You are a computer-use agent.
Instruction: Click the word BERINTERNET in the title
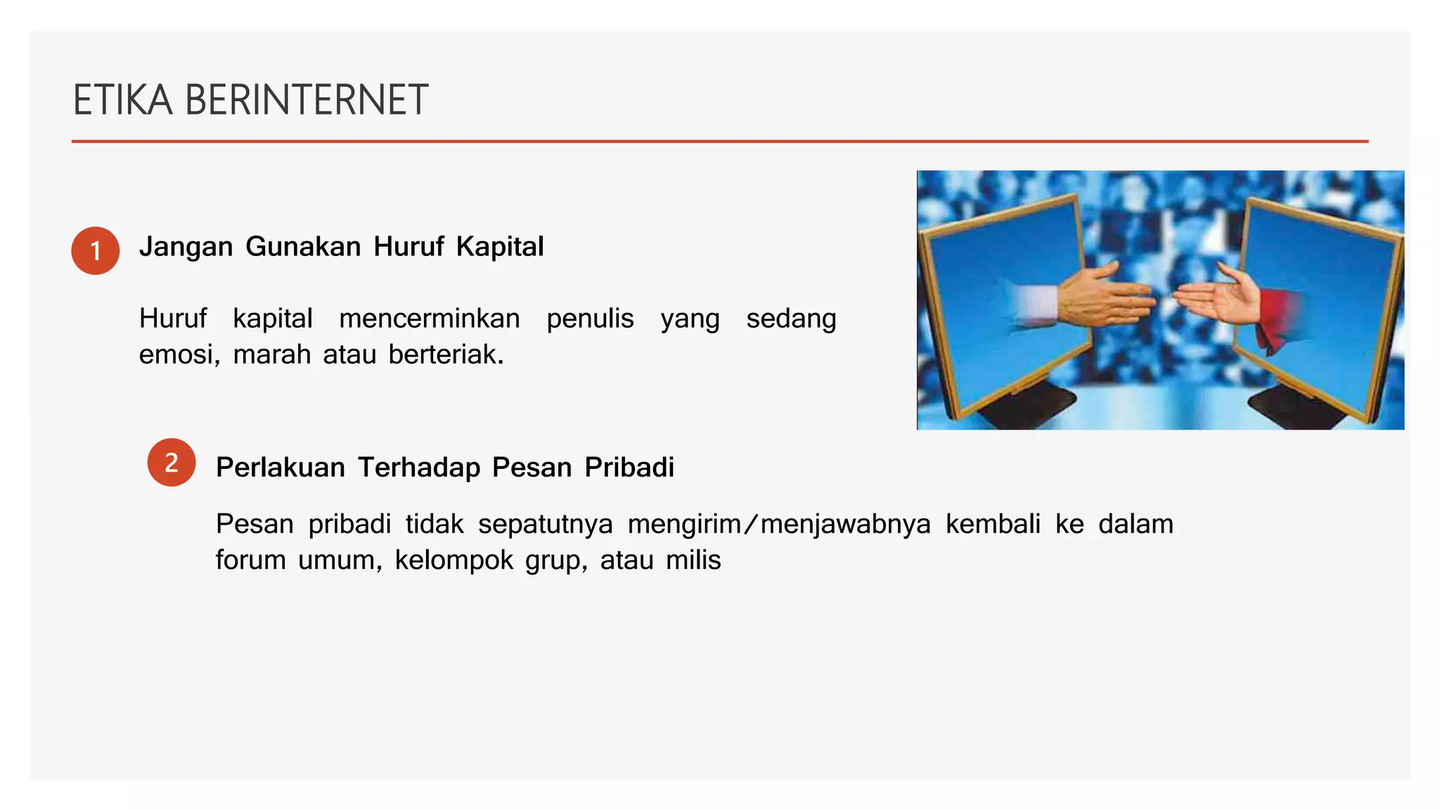[306, 100]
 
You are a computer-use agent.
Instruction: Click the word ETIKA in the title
[122, 100]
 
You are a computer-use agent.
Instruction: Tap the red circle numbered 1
[96, 250]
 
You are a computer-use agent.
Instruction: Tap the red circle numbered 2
[172, 462]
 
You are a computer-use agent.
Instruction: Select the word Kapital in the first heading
[500, 247]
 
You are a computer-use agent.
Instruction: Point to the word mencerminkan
[429, 319]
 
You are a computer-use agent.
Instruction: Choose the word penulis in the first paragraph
[590, 319]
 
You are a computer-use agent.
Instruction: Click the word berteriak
[446, 354]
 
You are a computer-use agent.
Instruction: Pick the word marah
[271, 354]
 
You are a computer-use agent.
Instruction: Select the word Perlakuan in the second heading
[280, 468]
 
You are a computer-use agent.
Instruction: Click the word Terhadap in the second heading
[419, 468]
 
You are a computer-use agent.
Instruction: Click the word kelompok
[454, 561]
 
